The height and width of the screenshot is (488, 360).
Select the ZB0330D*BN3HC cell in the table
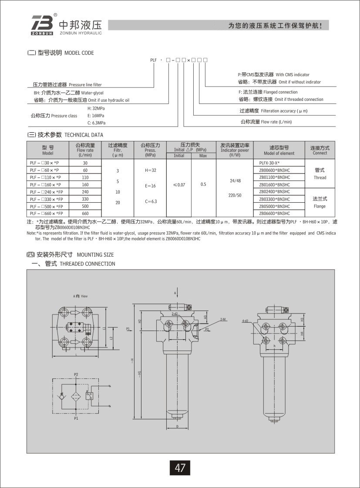[x=275, y=199]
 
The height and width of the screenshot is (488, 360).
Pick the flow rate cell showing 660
[x=85, y=213]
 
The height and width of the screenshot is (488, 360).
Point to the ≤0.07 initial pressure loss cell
[x=179, y=184]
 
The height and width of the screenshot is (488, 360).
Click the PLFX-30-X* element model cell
[x=269, y=163]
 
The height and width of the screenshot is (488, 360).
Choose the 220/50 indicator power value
[x=235, y=195]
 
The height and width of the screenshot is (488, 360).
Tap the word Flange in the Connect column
[x=319, y=206]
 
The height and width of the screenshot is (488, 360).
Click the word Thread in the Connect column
[x=320, y=177]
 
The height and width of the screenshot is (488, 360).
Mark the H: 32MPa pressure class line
[x=96, y=108]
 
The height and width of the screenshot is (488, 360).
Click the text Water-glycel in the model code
[x=92, y=93]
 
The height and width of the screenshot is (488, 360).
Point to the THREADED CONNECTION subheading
[x=87, y=264]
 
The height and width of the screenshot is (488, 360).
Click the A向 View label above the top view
[x=81, y=296]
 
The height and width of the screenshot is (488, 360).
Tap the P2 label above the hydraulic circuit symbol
[x=76, y=374]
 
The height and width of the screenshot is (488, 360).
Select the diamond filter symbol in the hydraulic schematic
[x=76, y=396]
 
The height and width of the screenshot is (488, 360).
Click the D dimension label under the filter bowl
[x=177, y=426]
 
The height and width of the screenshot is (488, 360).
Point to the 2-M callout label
[x=223, y=319]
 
